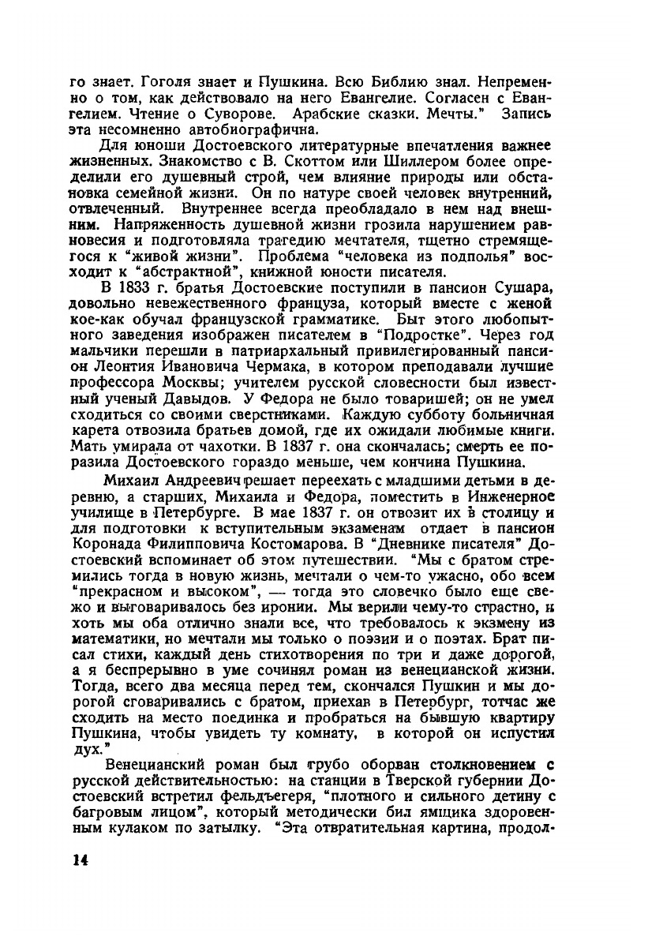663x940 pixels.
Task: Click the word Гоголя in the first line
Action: point(151,82)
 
